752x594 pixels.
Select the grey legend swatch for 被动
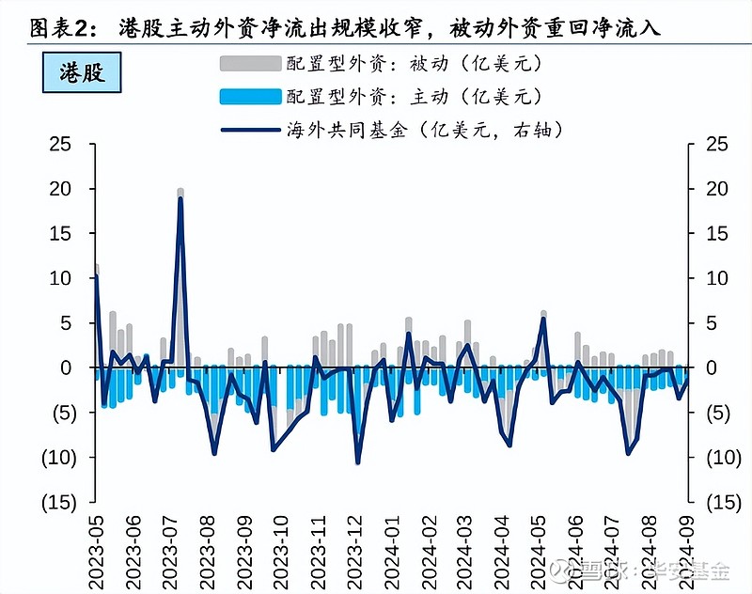249,64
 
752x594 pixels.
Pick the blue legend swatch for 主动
249,96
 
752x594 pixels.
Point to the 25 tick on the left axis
61,144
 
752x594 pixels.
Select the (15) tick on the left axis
56,502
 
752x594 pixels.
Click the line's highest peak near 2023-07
180,199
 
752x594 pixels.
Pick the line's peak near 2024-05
543,319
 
